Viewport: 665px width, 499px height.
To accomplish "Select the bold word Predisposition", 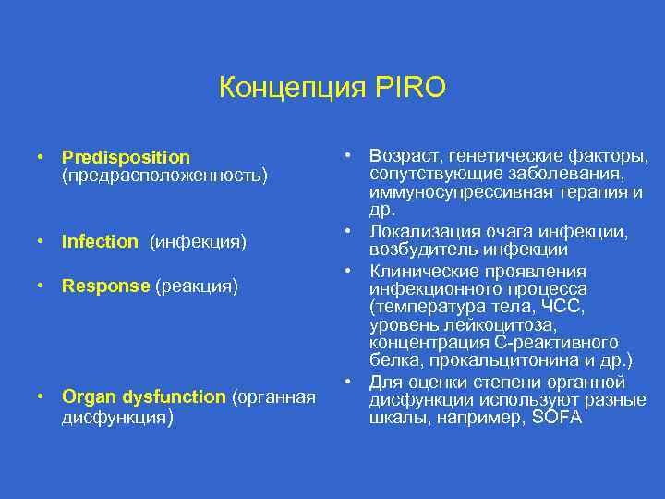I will pyautogui.click(x=126, y=158).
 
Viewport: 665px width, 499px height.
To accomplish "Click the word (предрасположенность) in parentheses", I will pyautogui.click(x=163, y=175).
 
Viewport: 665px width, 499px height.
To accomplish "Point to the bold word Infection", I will pyautogui.click(x=100, y=242).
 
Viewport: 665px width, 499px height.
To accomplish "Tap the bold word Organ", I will pyautogui.click(x=86, y=397).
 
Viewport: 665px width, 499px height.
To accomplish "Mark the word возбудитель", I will pyautogui.click(x=420, y=249).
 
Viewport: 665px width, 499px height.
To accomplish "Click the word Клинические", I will pyautogui.click(x=424, y=272).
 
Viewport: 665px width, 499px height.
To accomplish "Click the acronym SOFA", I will pyautogui.click(x=560, y=418).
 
